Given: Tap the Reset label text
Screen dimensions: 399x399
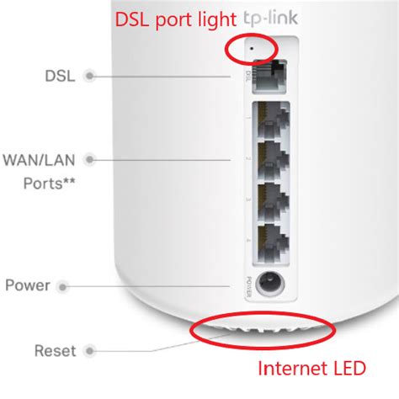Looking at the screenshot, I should [53, 350].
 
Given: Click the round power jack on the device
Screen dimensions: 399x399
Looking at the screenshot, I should [269, 285].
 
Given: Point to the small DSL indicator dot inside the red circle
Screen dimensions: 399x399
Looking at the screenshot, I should [253, 50].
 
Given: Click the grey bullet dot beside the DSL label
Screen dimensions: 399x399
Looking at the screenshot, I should [88, 76].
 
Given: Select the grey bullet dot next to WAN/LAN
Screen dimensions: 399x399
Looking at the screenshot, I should [88, 157].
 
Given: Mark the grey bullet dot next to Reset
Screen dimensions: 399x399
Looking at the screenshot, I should [88, 350].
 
